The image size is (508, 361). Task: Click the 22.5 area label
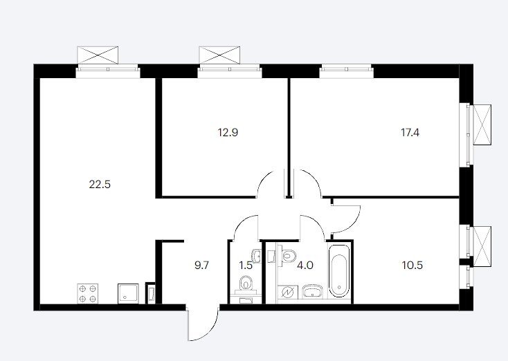(100, 185)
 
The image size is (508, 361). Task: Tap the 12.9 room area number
(228, 133)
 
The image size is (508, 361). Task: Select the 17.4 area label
(410, 133)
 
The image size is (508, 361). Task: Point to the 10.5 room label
(412, 266)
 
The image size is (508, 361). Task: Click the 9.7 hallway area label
(202, 266)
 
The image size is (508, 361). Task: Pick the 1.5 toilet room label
(246, 266)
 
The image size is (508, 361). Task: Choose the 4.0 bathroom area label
(305, 266)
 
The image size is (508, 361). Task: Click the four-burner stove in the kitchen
(88, 294)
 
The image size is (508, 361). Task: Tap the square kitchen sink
(128, 294)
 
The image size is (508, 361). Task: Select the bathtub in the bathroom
(339, 271)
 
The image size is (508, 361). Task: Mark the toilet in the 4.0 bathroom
(287, 254)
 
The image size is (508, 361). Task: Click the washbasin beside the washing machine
(312, 291)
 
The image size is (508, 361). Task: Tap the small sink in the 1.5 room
(257, 256)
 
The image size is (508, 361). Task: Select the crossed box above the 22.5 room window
(98, 55)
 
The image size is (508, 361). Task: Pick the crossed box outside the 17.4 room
(482, 124)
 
